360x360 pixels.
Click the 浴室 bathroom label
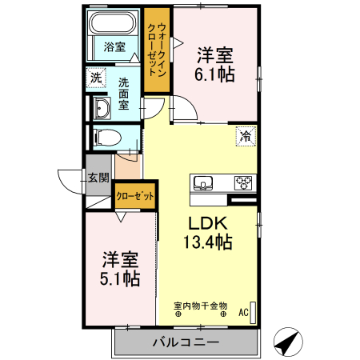pyautogui.click(x=114, y=46)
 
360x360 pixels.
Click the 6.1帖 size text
pyautogui.click(x=218, y=73)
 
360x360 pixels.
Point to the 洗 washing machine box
pyautogui.click(x=96, y=78)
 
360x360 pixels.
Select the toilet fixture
pyautogui.click(x=105, y=136)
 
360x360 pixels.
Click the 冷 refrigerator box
pyautogui.click(x=243, y=136)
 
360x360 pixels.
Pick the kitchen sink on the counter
pyautogui.click(x=203, y=182)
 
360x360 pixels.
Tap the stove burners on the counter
pyautogui.click(x=242, y=182)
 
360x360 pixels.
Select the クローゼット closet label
pyautogui.click(x=134, y=195)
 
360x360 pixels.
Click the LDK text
pyautogui.click(x=210, y=223)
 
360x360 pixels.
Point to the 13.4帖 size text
pyautogui.click(x=210, y=242)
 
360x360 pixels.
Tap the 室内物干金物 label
pyautogui.click(x=201, y=306)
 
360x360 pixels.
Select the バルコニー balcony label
pyautogui.click(x=186, y=342)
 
